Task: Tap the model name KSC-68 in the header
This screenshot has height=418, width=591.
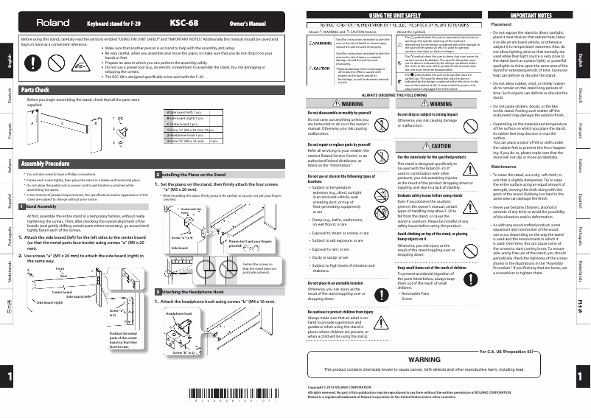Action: [x=181, y=23]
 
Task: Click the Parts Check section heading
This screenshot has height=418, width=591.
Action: [x=36, y=91]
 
